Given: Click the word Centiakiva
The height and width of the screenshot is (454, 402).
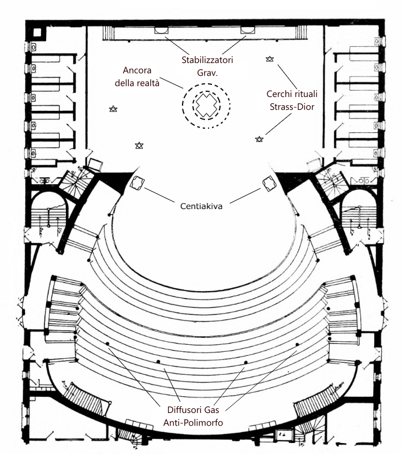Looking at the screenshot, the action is pos(202,206).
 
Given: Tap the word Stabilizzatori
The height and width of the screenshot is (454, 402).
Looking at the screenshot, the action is pos(207,60).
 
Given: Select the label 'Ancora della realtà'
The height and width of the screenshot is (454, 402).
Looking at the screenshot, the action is pos(137,77).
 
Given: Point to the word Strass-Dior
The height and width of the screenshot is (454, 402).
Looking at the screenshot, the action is pos(292,107).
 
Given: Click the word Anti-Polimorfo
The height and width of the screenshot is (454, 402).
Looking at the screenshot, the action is pos(193,423).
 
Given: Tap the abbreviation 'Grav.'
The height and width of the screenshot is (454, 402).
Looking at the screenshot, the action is pos(207,73).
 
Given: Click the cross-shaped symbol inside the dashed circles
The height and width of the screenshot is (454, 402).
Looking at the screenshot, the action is pos(206,105).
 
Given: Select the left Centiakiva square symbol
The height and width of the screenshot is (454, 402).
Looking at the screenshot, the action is pos(137,183).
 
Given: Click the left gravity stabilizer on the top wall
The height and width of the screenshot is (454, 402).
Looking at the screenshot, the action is pos(161,30).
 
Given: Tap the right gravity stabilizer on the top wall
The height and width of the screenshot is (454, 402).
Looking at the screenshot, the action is pos(247,30).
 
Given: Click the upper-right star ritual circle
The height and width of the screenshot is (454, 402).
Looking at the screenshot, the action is pos(270,59).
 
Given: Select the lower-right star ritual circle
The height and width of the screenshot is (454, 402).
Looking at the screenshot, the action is pos(259,139).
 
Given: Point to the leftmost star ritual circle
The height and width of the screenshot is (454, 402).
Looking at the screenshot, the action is pos(113,109).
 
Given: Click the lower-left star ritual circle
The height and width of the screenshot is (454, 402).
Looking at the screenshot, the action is pos(139,146).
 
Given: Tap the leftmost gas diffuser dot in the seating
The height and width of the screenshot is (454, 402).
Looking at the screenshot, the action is pos(107,344).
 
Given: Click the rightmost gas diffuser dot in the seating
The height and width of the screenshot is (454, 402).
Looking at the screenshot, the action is pos(297,345).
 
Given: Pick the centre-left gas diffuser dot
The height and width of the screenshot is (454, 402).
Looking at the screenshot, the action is pos(158,362).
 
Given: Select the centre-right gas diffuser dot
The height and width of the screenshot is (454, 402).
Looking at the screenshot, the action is pos(246,363).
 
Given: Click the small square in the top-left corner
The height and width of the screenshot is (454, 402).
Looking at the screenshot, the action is pos(38,32).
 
